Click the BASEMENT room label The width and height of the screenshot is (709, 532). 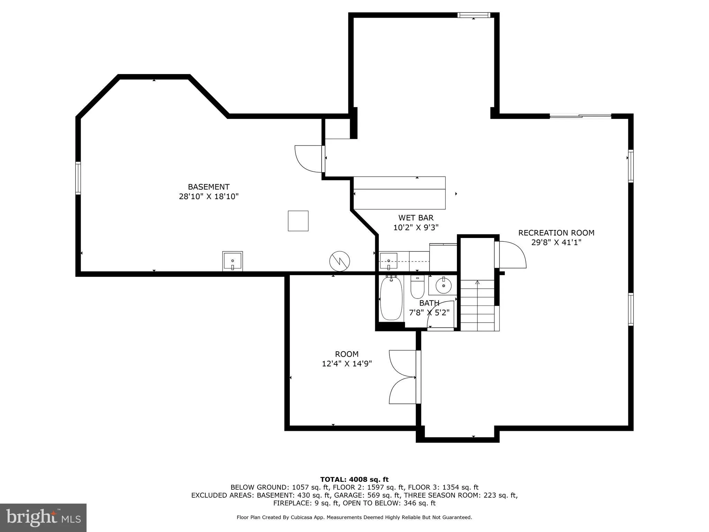[x=208, y=187]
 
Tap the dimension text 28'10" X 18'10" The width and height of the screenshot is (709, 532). [x=208, y=196]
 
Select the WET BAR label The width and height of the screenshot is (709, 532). [x=416, y=218]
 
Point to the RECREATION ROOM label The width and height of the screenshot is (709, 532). [x=556, y=233]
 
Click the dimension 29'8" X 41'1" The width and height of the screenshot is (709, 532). [x=556, y=242]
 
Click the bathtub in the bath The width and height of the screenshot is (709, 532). [x=391, y=298]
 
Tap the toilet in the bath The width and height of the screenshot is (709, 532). [x=417, y=287]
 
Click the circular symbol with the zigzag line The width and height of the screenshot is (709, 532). [x=339, y=261]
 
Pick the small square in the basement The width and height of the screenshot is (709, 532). [x=298, y=221]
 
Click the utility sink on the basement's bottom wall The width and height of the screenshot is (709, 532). [x=232, y=261]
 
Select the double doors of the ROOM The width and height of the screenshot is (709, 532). [x=403, y=377]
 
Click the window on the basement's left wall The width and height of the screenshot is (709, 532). [x=78, y=178]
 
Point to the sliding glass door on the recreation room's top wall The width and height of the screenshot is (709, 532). [x=581, y=116]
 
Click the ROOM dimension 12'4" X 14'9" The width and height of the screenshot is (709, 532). [x=347, y=364]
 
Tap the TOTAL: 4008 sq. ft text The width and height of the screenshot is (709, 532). [x=354, y=479]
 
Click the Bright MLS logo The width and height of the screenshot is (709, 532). [x=43, y=517]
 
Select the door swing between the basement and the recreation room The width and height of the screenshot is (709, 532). [x=309, y=158]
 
